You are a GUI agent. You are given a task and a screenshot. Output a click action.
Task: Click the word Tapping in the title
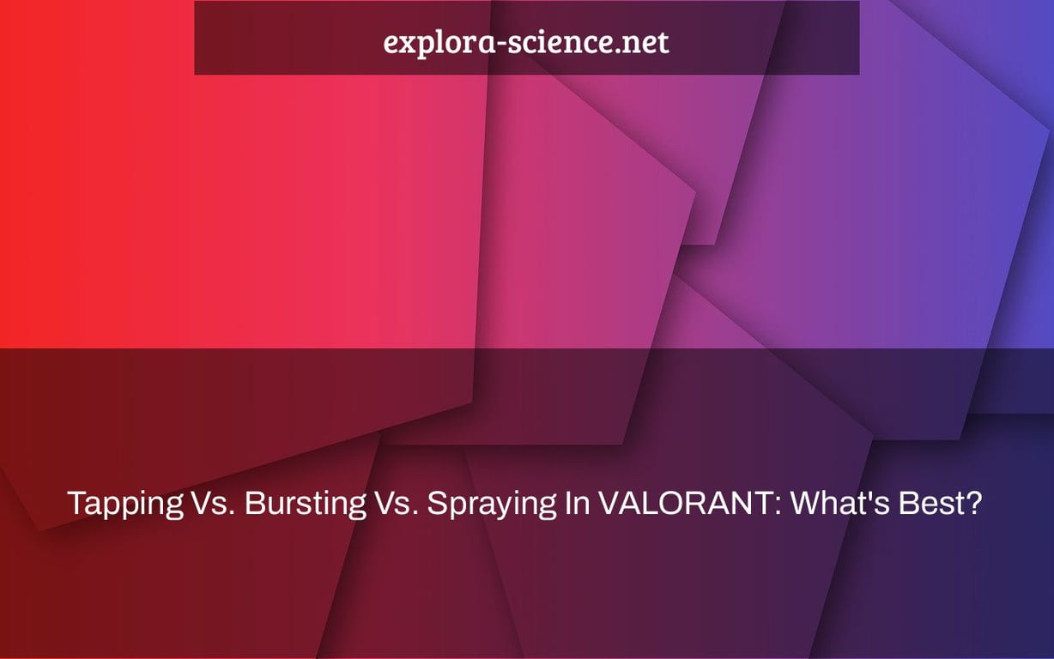click(x=125, y=505)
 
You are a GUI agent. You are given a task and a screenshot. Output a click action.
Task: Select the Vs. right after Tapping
click(x=213, y=503)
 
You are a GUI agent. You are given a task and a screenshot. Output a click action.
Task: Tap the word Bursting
click(x=305, y=505)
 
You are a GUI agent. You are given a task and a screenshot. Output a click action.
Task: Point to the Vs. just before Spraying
click(x=397, y=503)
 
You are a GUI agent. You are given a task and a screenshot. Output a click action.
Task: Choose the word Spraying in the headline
click(x=493, y=505)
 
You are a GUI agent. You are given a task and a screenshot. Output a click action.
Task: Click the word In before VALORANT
click(x=578, y=503)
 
